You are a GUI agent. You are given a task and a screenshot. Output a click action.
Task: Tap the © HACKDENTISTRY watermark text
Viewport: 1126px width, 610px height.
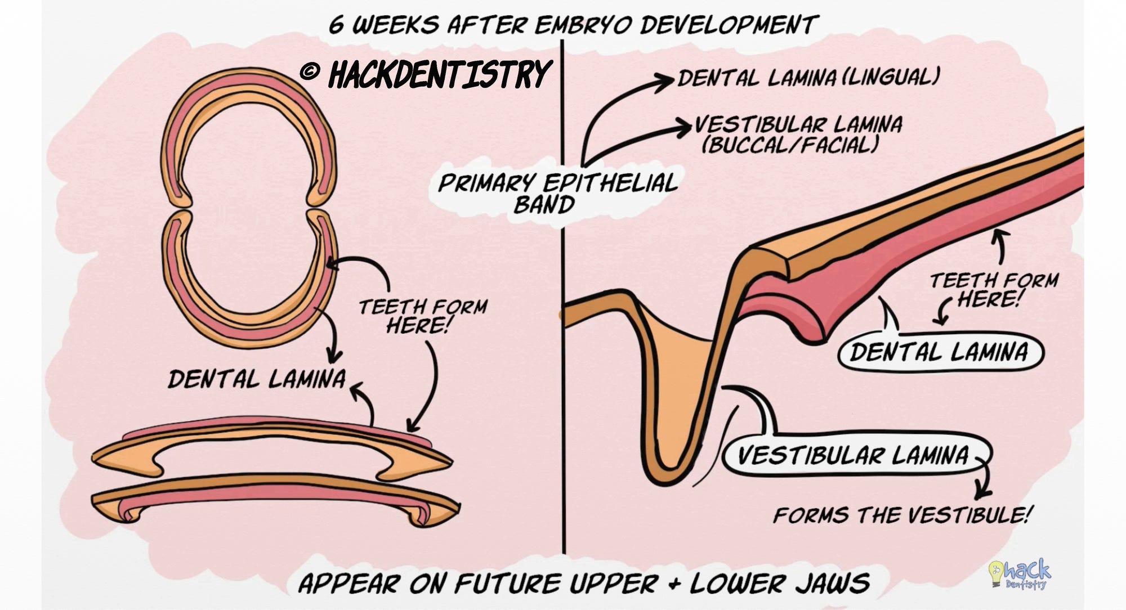point(426,74)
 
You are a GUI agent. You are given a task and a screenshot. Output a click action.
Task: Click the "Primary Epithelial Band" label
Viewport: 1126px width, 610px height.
point(557,194)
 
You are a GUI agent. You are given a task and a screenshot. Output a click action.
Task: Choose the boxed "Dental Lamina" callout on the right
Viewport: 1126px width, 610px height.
point(939,352)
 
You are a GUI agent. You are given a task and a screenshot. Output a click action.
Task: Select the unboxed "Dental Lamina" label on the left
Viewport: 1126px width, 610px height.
point(257,379)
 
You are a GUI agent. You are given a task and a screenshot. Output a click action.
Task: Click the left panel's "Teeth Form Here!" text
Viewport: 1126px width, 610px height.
point(422,316)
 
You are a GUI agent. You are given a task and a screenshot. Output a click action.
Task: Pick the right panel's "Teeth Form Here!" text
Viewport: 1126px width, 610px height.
point(993,289)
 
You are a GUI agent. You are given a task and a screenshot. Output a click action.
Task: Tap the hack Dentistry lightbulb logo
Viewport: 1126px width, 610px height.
point(1019,574)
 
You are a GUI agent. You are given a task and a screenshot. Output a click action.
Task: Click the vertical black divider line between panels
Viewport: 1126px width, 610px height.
point(563,394)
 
